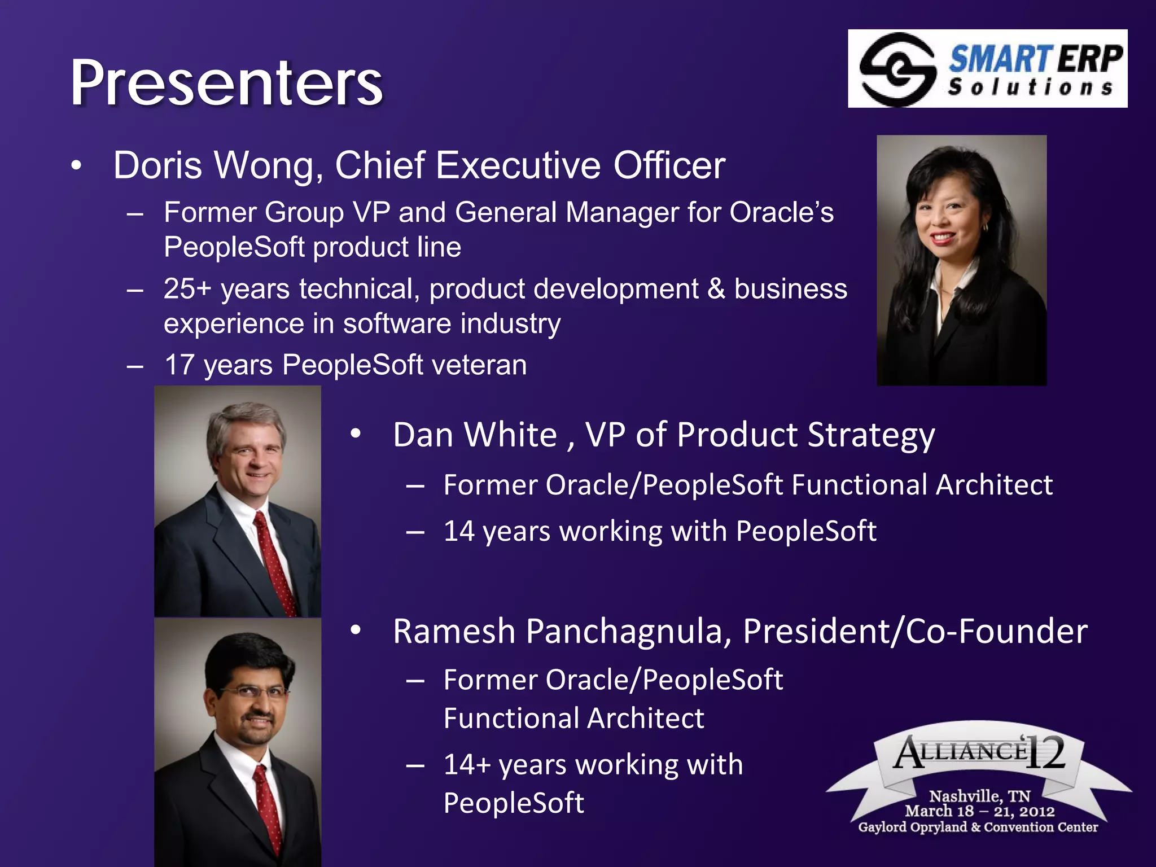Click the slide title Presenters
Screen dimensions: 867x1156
click(226, 84)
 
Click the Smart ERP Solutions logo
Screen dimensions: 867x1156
click(987, 69)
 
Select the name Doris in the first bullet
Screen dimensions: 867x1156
click(157, 165)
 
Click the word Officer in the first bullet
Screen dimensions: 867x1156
click(669, 165)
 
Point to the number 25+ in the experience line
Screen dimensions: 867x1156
click(187, 289)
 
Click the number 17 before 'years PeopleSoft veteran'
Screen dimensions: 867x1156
click(179, 365)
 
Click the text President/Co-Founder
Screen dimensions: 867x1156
click(915, 631)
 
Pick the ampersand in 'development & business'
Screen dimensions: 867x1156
click(716, 289)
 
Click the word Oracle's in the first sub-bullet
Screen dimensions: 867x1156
click(781, 213)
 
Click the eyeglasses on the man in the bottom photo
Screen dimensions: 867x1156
click(254, 692)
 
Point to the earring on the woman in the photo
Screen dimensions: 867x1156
click(986, 227)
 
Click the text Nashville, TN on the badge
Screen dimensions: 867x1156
click(979, 796)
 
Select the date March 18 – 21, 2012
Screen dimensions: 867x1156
click(979, 811)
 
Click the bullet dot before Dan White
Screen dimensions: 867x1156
click(355, 434)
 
